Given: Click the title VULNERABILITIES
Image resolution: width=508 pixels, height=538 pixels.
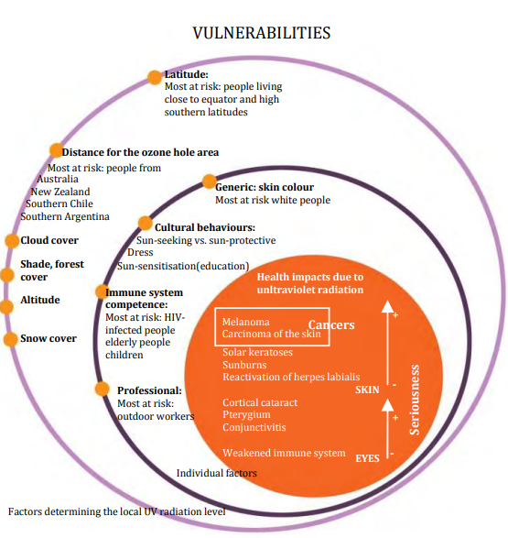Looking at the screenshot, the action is point(262,33).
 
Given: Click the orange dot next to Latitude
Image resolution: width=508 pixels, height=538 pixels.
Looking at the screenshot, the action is point(155,77).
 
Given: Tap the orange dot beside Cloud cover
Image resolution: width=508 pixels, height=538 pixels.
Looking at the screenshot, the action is point(12,241).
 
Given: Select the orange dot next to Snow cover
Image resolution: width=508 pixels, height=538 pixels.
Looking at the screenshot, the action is point(11,339).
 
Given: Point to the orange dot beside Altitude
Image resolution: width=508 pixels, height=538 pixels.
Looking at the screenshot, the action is point(6,306).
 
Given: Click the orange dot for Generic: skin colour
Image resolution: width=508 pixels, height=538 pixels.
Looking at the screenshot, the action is point(210,181).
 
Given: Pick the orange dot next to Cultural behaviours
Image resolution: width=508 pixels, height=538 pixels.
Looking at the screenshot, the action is point(146,224).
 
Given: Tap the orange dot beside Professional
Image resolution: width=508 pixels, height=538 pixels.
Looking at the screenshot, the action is point(103,390).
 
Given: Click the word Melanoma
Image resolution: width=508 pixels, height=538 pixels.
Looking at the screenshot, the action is point(245,322).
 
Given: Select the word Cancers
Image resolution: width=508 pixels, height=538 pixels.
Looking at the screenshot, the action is point(331,324).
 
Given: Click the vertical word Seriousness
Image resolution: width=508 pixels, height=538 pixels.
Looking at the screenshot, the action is point(415,400).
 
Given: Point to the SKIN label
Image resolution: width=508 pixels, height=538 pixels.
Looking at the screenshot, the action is point(367,390).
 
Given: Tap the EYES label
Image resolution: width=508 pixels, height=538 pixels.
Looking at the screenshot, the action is point(368,458).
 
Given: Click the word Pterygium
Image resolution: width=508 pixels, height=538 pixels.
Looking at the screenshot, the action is point(246,415).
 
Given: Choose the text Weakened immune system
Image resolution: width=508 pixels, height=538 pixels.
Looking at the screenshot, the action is point(284,453).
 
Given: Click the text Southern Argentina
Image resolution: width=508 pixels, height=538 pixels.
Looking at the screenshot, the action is point(65,217).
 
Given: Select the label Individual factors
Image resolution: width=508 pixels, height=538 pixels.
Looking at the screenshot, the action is point(217,473).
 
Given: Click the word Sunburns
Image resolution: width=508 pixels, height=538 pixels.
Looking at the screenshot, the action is point(244,365).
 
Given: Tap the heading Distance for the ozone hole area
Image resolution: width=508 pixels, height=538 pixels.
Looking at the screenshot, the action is point(140,152).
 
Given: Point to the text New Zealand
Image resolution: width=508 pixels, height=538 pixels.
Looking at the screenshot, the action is point(60,192).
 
